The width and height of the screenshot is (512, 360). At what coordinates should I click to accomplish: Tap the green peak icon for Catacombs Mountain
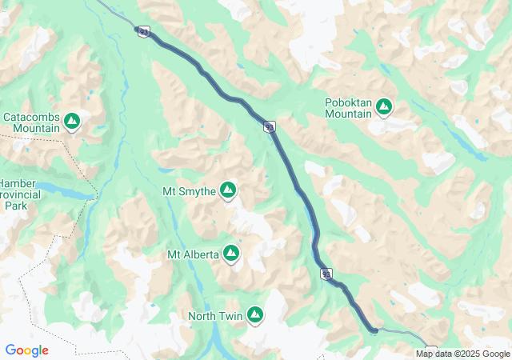pyautogui.click(x=72, y=121)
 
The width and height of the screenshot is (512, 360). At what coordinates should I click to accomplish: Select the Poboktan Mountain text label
pyautogui.click(x=348, y=108)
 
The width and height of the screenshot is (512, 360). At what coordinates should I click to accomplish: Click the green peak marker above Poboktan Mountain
pyautogui.click(x=384, y=106)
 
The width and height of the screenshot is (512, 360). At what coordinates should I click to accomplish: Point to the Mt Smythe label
pyautogui.click(x=189, y=191)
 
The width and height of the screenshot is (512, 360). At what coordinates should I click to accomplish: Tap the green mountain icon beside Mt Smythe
pyautogui.click(x=228, y=190)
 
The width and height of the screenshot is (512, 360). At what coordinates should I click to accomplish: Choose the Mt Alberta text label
pyautogui.click(x=193, y=254)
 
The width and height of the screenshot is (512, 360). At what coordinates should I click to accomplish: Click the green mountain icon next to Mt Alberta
pyautogui.click(x=231, y=254)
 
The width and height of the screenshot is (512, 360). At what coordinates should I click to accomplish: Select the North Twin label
pyautogui.click(x=214, y=316)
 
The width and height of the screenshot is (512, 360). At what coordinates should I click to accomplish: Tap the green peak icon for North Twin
pyautogui.click(x=254, y=315)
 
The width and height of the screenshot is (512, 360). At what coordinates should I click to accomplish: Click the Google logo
pyautogui.click(x=26, y=350)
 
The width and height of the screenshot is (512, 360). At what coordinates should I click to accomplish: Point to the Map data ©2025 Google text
pyautogui.click(x=462, y=354)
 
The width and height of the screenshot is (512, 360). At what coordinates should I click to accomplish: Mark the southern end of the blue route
pyautogui.click(x=374, y=329)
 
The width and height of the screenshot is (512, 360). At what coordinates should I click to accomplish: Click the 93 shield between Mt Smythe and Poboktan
pyautogui.click(x=270, y=126)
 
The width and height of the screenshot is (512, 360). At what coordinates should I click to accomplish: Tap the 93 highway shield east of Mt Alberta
pyautogui.click(x=326, y=274)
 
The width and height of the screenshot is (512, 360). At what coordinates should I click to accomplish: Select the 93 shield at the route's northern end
pyautogui.click(x=143, y=31)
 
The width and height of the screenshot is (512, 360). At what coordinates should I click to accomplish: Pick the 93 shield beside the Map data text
pyautogui.click(x=431, y=350)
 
